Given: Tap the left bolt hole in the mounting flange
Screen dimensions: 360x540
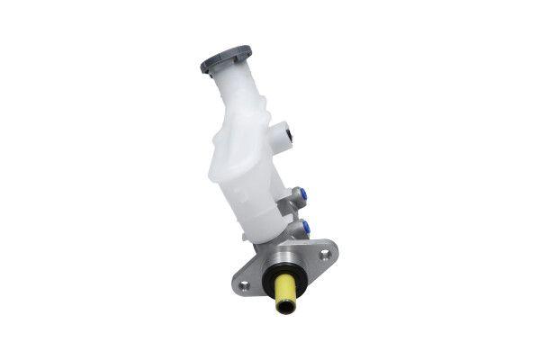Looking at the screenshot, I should (x=243, y=285).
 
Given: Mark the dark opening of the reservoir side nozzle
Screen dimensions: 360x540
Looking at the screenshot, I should (x=288, y=136).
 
